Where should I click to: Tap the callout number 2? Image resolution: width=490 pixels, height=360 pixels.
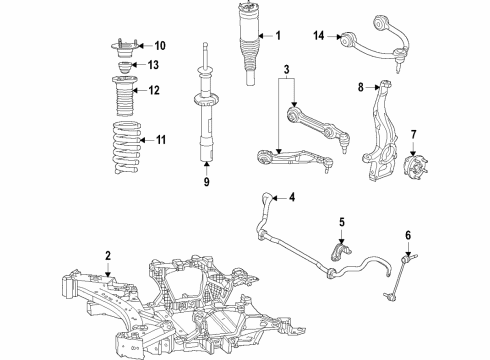pyautogui.click(x=106, y=257)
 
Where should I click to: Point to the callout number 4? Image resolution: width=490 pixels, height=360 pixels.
pyautogui.click(x=292, y=197)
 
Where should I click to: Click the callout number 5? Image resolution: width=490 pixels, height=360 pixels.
pyautogui.click(x=341, y=221)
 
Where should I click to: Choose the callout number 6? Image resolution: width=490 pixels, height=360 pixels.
pyautogui.click(x=408, y=236)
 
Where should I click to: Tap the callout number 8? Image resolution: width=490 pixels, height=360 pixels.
pyautogui.click(x=362, y=88)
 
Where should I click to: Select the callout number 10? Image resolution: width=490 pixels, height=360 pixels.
pyautogui.click(x=160, y=46)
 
